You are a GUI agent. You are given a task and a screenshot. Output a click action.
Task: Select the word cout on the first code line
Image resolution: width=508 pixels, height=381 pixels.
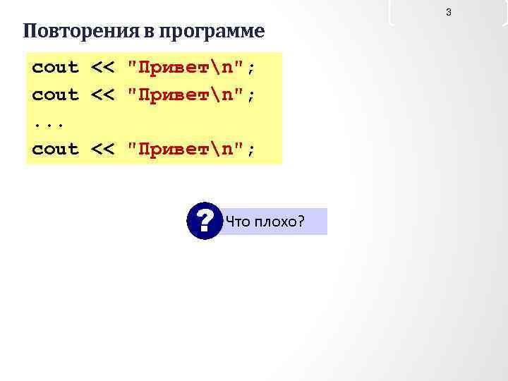click(56, 68)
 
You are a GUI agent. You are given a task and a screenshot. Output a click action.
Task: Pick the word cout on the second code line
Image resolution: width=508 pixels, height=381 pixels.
click(56, 95)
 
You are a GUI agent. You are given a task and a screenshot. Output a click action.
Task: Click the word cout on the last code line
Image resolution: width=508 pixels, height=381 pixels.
click(56, 149)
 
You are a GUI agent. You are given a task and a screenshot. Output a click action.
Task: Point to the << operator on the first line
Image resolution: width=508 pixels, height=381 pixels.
click(103, 68)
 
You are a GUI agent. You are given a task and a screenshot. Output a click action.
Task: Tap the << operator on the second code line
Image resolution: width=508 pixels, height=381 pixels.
click(103, 95)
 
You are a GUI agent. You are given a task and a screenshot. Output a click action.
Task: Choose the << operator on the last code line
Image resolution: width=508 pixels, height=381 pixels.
click(103, 149)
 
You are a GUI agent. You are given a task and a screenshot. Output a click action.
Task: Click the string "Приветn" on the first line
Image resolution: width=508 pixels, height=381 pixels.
click(186, 68)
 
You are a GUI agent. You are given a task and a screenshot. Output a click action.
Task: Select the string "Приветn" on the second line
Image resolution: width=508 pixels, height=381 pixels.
click(186, 95)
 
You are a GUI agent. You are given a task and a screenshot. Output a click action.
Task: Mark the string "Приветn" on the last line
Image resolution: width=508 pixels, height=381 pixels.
click(186, 149)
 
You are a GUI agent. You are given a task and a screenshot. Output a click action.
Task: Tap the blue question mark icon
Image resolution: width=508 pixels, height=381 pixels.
click(205, 222)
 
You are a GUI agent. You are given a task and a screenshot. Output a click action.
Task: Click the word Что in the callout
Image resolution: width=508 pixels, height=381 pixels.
click(237, 222)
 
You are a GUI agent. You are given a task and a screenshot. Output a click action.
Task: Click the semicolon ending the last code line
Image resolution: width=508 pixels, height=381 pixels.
click(251, 150)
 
